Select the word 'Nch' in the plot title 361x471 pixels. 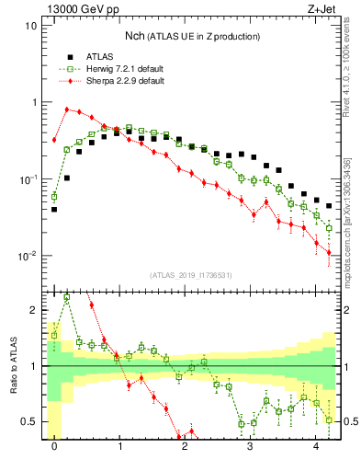(138, 36)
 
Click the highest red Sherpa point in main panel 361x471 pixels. (67, 109)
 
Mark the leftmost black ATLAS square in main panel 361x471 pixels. (54, 210)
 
